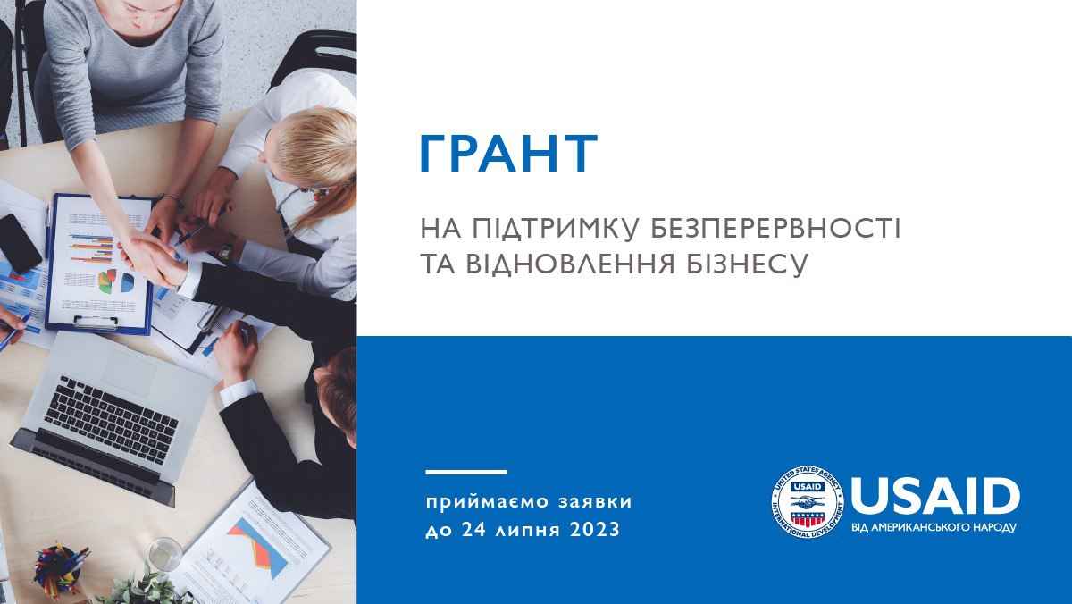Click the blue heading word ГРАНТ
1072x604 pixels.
[x=509, y=153]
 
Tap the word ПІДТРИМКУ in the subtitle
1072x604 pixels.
[x=556, y=228]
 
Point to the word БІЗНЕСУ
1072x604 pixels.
[x=747, y=264]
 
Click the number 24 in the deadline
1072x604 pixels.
[x=473, y=530]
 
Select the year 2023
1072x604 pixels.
[x=595, y=530]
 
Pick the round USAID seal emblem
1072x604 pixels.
[x=808, y=502]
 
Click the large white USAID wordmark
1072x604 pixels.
[x=935, y=496]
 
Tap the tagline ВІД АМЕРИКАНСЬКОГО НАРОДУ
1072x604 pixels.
[x=934, y=527]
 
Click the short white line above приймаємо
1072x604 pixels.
[x=466, y=473]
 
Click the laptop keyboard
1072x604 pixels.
[x=111, y=419]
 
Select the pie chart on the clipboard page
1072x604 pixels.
[x=116, y=281]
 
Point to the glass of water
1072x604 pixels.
[x=164, y=555]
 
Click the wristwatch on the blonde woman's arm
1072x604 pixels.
[x=225, y=250]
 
